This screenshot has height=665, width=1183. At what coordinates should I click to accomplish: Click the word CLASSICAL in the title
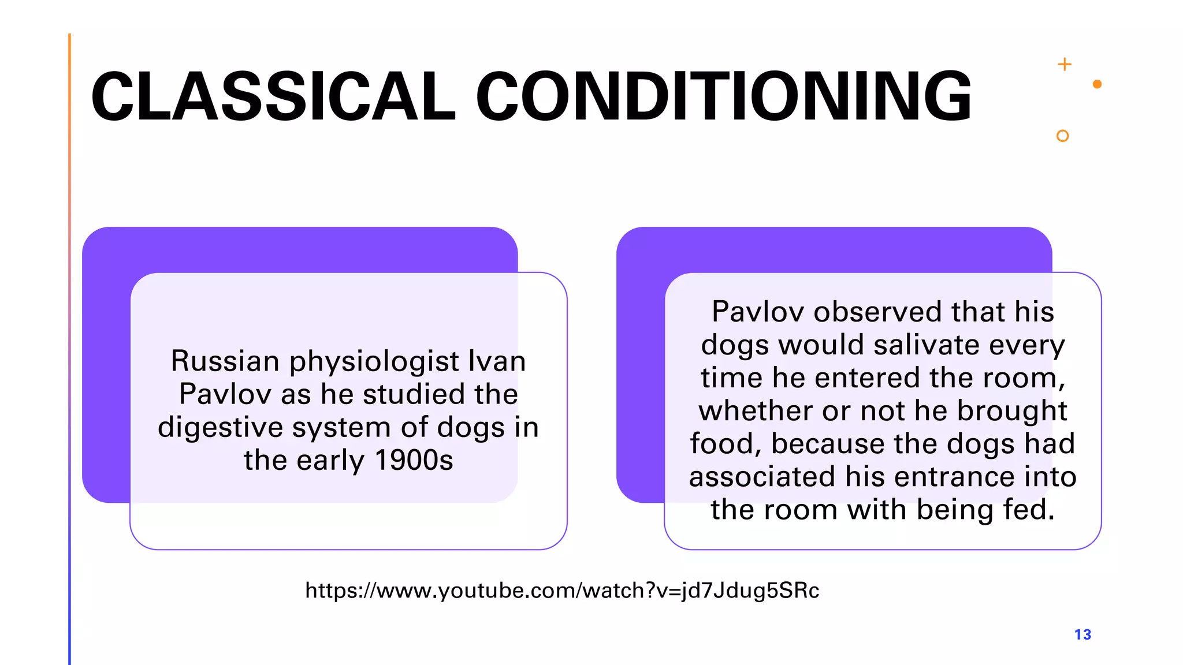[x=273, y=96]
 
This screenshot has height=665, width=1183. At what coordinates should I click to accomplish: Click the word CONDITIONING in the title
[x=724, y=96]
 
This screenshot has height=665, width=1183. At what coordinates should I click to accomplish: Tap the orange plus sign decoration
[x=1065, y=64]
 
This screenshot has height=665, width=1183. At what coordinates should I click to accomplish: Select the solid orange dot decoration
[x=1098, y=84]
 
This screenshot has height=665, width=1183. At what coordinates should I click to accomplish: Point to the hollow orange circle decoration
[x=1062, y=136]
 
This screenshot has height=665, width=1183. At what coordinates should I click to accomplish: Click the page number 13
[x=1082, y=634]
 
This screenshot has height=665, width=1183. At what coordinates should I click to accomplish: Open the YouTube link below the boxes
[x=562, y=591]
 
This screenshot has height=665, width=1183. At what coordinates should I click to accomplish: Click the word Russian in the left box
[x=225, y=361]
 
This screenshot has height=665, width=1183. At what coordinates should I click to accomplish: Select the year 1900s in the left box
[x=414, y=461]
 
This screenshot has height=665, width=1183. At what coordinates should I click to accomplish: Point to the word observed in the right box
[x=878, y=312]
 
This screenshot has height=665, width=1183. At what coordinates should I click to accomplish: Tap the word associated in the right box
[x=762, y=477]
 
